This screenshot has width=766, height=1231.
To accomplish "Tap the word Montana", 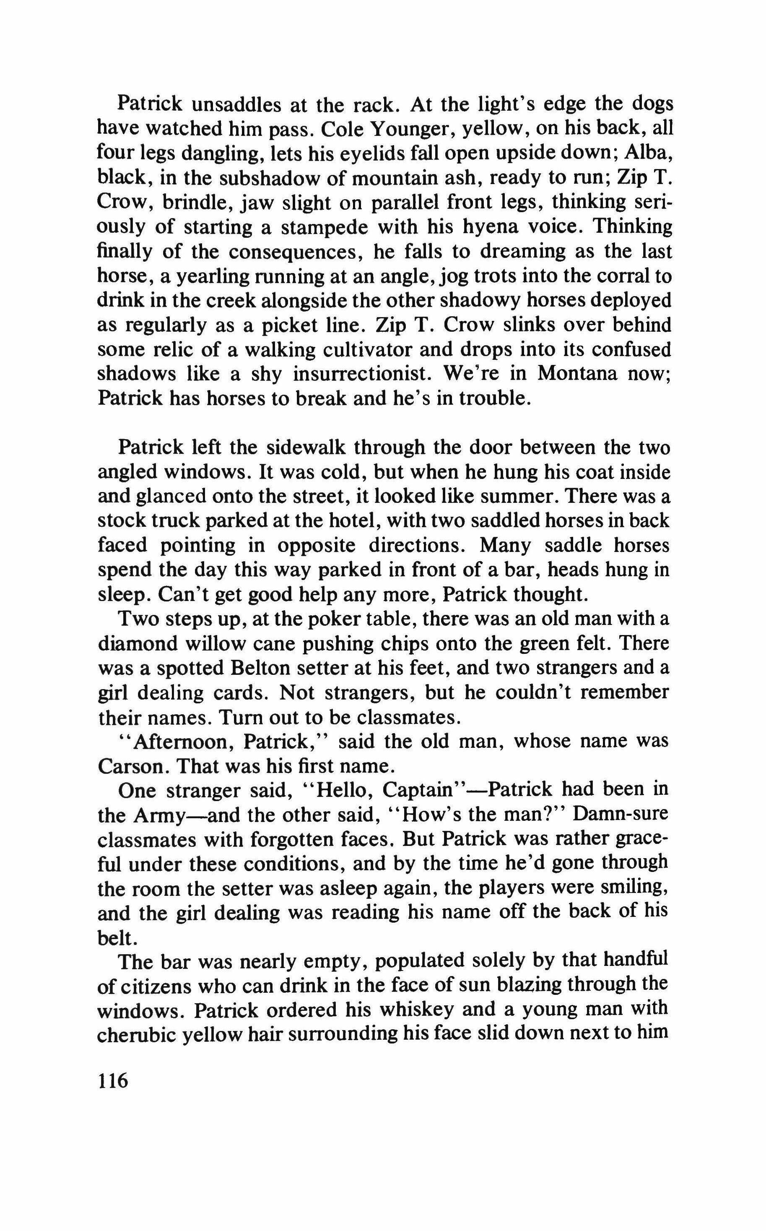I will [576, 374].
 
